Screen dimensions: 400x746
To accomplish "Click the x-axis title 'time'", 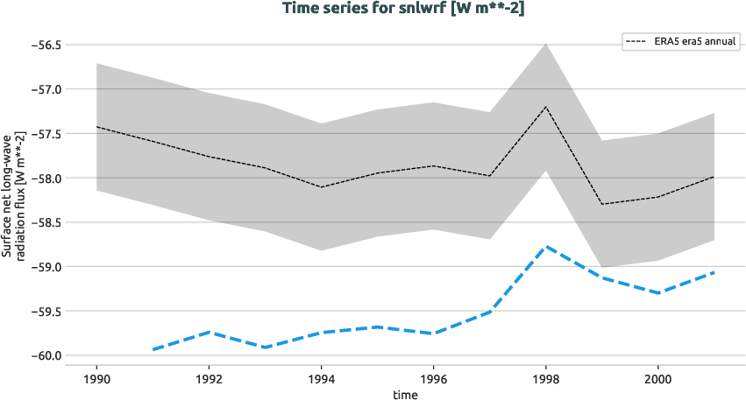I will [x=405, y=394].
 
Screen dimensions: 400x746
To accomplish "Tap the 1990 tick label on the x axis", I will [x=96, y=378].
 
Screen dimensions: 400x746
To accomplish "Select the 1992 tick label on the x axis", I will [x=209, y=378].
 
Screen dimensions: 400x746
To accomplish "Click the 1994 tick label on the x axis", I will [x=321, y=378].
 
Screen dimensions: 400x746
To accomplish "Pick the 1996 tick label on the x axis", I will [x=433, y=378].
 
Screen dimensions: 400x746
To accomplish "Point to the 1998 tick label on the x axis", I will [x=545, y=378].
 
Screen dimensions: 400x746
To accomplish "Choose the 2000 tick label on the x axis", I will [x=657, y=378].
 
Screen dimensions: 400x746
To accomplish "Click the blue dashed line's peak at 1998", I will [x=545, y=247].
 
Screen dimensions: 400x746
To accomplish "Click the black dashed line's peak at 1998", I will [x=545, y=107].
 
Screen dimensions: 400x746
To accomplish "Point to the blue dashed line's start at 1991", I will [x=153, y=349].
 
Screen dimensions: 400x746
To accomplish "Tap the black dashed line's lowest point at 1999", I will [x=601, y=204].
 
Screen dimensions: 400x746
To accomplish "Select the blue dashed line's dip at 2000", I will [x=657, y=292].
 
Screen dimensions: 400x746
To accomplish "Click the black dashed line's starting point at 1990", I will [x=96, y=127].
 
